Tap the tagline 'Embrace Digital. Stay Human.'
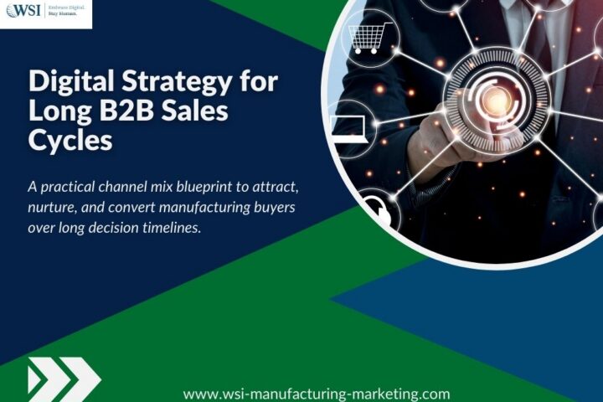click(x=64, y=13)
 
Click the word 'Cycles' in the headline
click(x=70, y=140)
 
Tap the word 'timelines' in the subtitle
click(x=167, y=226)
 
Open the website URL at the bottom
click(x=317, y=394)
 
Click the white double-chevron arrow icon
click(x=62, y=379)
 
